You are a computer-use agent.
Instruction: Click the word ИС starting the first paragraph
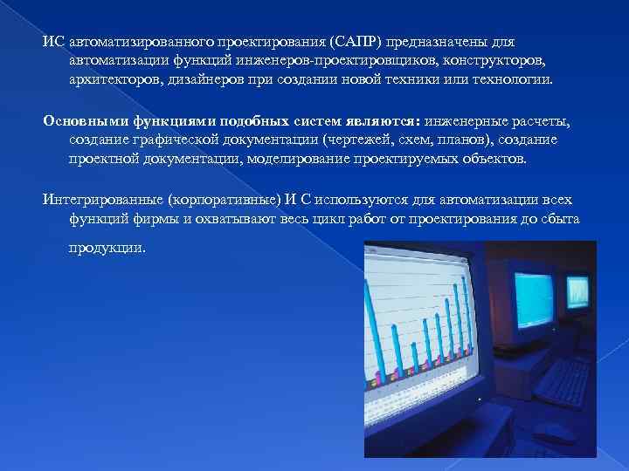[x=52, y=42]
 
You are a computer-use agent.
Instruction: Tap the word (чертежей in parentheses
[x=351, y=140]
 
